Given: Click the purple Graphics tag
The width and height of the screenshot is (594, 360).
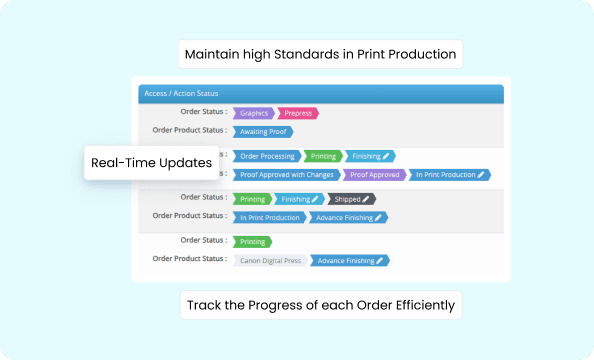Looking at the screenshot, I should [254, 113].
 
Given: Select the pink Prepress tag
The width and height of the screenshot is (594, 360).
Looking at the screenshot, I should [297, 113].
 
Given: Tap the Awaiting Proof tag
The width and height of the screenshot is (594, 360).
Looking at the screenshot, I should [262, 131].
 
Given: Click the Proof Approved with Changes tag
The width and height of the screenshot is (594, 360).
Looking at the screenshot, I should [285, 174].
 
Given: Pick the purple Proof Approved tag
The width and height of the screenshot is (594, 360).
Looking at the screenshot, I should [375, 174].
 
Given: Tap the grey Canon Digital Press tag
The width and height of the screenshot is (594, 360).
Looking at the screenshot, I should [270, 260].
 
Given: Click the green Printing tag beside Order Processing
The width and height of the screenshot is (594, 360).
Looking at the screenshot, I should [322, 156].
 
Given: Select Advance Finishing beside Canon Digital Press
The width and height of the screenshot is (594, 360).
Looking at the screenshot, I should [348, 260].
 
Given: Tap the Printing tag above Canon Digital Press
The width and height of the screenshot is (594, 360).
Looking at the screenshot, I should [252, 241].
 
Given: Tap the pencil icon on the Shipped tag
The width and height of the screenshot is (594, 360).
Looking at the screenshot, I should [365, 199].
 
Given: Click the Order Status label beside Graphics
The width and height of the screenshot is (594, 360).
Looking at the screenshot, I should [200, 113].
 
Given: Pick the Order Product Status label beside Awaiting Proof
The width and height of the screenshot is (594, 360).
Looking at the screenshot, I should [189, 131].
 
